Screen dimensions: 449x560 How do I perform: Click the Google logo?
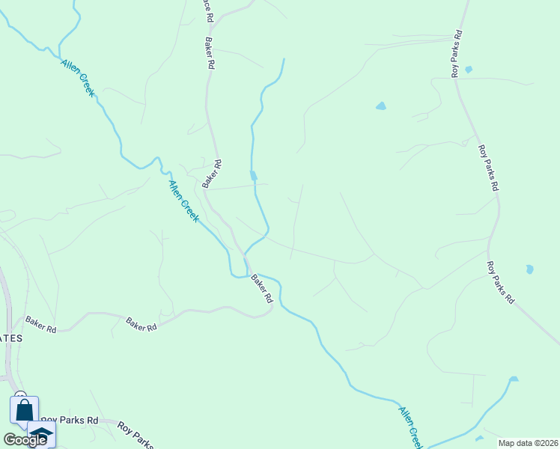click(25, 440)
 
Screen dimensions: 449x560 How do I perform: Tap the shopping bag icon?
click(24, 410)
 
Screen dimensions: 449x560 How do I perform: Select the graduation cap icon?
click(42, 434)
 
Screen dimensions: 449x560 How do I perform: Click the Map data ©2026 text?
click(528, 443)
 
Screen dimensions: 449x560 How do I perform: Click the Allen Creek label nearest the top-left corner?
click(77, 78)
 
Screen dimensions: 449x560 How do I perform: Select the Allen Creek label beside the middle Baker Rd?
click(183, 201)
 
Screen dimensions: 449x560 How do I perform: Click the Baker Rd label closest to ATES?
click(40, 324)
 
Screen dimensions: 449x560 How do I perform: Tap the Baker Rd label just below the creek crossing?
click(261, 288)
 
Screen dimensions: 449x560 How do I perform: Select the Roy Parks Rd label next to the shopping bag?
click(70, 421)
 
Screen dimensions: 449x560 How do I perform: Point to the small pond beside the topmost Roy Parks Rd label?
click(469, 70)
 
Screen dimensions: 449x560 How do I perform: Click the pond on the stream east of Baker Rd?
click(253, 176)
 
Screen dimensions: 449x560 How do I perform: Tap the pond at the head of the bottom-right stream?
click(514, 379)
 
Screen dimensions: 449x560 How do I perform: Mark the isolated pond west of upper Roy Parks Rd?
click(381, 106)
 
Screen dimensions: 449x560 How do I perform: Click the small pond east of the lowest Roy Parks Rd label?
click(530, 269)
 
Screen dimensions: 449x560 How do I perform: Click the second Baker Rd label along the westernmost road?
click(141, 325)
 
